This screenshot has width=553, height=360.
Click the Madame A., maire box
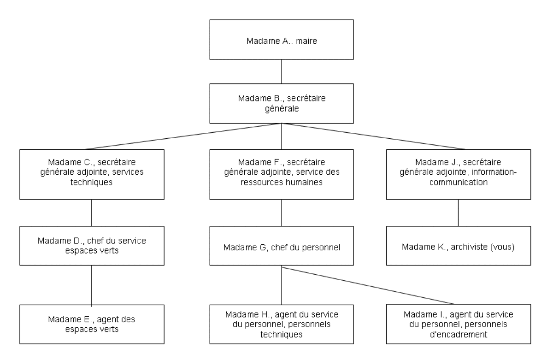click(x=282, y=40)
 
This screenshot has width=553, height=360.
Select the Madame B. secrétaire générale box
click(x=282, y=103)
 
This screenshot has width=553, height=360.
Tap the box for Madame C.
click(x=92, y=174)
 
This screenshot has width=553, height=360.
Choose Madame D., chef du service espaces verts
click(x=92, y=246)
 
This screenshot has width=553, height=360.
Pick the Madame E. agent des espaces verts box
click(x=92, y=324)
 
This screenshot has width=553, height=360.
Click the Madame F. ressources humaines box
click(x=282, y=174)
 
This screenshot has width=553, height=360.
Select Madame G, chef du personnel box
click(x=282, y=246)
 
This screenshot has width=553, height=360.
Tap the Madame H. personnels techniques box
click(x=282, y=324)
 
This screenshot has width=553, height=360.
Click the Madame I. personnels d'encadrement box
click(x=459, y=324)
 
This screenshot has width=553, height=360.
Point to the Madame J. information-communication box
click(x=459, y=174)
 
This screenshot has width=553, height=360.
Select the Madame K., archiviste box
click(x=459, y=246)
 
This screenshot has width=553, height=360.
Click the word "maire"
click(x=306, y=41)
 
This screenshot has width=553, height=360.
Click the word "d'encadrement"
click(x=459, y=334)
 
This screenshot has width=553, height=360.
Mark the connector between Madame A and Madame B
click(x=282, y=71)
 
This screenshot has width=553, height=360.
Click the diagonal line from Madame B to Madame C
click(x=183, y=136)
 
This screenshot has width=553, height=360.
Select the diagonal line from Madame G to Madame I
click(x=368, y=286)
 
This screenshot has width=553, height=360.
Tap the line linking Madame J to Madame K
click(x=458, y=213)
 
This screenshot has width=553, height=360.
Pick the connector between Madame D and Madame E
click(x=92, y=286)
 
